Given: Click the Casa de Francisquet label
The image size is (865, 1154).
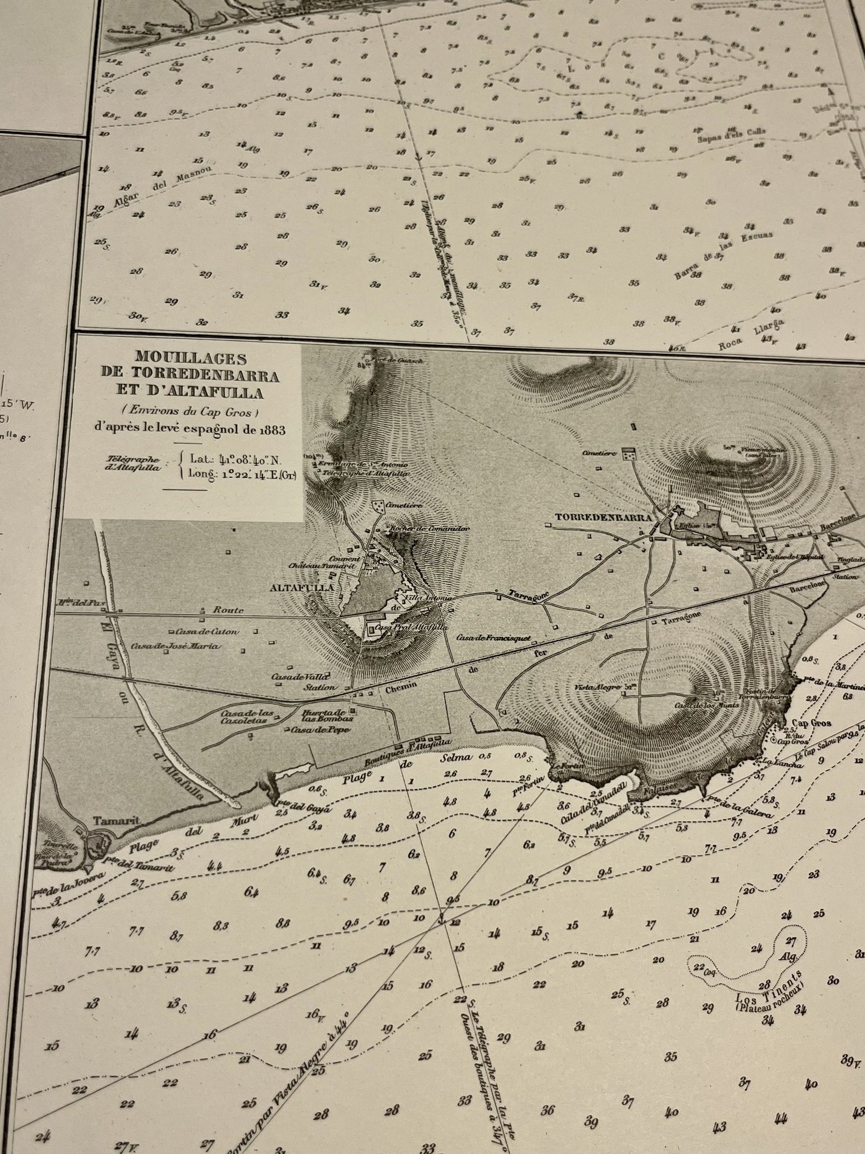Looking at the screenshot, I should tap(494, 638).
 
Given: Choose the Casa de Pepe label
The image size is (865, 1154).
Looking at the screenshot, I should tap(312, 730).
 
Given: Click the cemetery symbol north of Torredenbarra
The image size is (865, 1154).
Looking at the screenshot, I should tap(629, 455).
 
